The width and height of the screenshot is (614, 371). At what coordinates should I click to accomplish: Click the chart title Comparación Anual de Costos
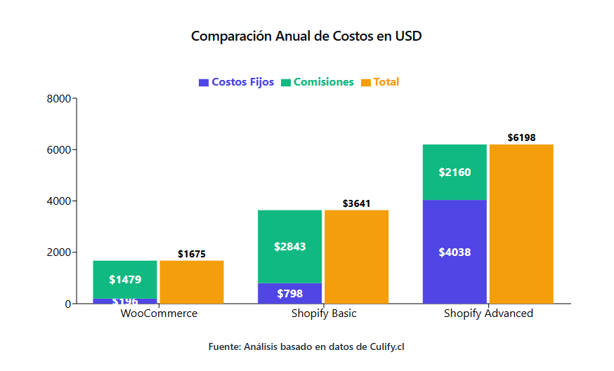(x=306, y=36)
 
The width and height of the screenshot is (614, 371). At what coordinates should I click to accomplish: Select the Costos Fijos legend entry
(x=237, y=82)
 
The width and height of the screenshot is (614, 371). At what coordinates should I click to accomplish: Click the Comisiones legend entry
(x=318, y=82)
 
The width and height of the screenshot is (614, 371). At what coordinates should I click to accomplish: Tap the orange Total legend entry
(x=380, y=82)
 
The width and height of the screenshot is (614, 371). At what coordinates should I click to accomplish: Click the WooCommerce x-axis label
(x=159, y=313)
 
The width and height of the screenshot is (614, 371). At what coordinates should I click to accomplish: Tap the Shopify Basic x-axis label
(x=324, y=313)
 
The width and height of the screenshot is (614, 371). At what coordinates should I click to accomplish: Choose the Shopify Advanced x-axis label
(x=488, y=313)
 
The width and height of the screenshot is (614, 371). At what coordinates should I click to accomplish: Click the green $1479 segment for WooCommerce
(x=125, y=279)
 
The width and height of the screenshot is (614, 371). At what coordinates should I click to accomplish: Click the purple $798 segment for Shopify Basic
(x=289, y=293)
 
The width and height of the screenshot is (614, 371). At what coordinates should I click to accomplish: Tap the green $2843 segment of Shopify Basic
(x=289, y=246)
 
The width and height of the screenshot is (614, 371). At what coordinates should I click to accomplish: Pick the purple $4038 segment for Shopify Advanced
(x=455, y=252)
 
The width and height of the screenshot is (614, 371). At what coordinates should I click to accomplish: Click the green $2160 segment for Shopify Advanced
(x=455, y=172)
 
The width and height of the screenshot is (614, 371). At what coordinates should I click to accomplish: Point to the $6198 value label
(x=521, y=137)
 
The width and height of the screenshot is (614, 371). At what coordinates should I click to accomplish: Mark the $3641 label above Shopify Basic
(x=357, y=203)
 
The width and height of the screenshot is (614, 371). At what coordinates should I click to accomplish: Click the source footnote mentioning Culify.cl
(x=306, y=346)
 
